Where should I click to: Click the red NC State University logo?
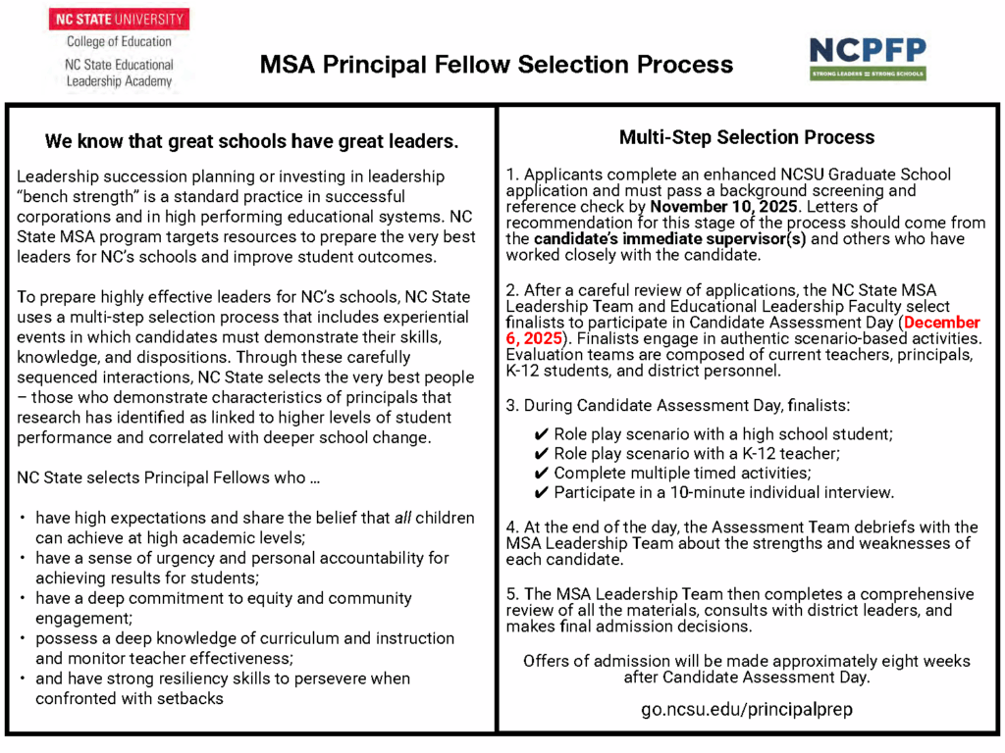[119, 19]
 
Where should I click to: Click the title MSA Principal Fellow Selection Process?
[496, 65]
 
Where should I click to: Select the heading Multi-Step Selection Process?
[746, 137]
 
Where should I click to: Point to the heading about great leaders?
[251, 141]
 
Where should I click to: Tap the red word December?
[943, 323]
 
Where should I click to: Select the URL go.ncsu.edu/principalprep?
[746, 708]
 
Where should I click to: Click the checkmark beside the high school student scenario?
[540, 433]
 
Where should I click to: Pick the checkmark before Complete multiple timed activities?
[540, 473]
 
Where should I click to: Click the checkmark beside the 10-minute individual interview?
[540, 492]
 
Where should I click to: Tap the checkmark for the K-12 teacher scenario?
[540, 453]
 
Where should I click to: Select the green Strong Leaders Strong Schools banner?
[867, 74]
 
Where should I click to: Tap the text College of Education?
[119, 42]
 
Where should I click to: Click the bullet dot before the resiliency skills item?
[23, 678]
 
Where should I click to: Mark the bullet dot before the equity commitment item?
[23, 598]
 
